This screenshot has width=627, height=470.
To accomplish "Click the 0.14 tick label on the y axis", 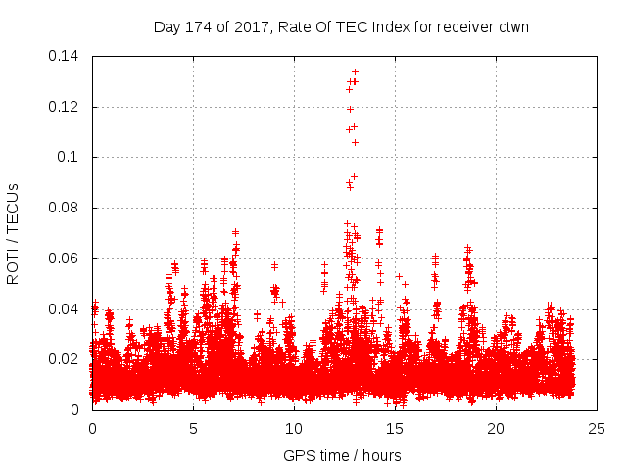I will [x=66, y=55].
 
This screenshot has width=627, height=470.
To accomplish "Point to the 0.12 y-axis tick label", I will [x=66, y=106].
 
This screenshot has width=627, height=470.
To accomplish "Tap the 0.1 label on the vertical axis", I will [x=71, y=157].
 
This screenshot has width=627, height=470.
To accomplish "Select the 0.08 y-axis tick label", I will [x=66, y=208].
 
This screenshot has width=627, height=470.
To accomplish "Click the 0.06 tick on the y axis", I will [x=66, y=258].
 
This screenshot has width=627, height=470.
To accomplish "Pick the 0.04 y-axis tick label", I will [x=66, y=309].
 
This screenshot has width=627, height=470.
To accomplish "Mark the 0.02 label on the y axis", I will [x=66, y=359].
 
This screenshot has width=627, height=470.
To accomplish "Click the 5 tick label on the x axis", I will [x=193, y=428].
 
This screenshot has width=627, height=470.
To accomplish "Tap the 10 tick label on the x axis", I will [x=294, y=428].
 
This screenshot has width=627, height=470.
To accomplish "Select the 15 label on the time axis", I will [x=395, y=428].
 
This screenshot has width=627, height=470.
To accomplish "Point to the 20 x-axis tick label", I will [x=496, y=428].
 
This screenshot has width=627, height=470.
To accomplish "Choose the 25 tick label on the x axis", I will [x=597, y=428].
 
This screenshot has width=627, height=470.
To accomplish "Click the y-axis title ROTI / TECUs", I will [x=13, y=232].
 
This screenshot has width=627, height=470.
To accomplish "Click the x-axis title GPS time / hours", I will [x=342, y=455].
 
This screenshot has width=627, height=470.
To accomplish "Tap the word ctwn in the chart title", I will [x=512, y=26].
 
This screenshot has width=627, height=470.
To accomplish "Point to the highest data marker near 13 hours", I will [x=355, y=71].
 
